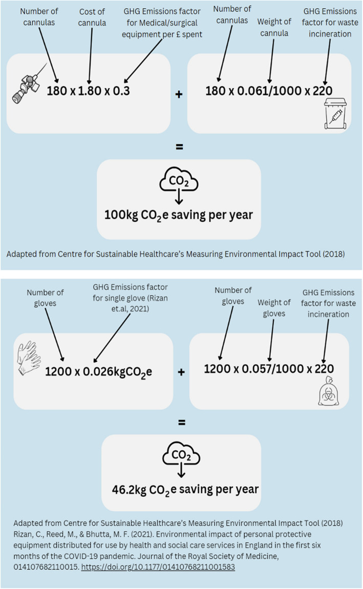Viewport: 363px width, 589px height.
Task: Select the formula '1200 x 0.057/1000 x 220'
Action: click(269, 368)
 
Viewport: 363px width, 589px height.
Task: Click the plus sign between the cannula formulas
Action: click(179, 95)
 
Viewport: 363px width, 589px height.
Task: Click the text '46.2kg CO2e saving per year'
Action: click(185, 489)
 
